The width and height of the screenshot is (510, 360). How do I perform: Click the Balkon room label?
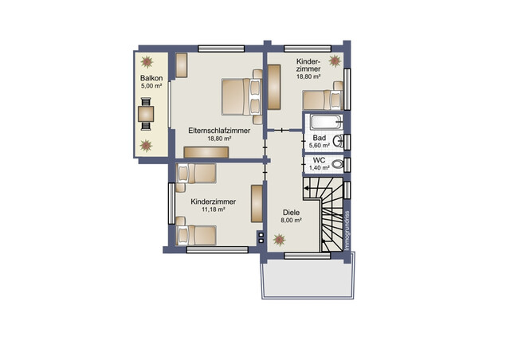click(151, 78)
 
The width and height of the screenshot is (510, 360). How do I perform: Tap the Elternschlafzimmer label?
click(219, 131)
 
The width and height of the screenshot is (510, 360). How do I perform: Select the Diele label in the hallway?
click(291, 213)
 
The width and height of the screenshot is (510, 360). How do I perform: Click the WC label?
click(319, 160)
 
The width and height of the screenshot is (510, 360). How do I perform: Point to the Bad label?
click(319, 138)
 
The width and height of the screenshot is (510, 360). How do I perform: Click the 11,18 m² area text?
click(214, 209)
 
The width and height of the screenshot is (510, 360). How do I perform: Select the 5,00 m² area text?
click(151, 86)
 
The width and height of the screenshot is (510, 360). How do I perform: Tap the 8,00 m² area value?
click(291, 220)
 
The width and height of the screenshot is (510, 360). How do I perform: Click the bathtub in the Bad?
click(326, 123)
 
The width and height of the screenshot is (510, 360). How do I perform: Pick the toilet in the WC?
click(338, 164)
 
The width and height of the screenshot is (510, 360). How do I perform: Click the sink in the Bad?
click(338, 142)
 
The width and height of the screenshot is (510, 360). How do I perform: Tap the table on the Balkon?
click(146, 114)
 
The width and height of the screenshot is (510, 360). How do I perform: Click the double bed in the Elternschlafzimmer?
click(242, 96)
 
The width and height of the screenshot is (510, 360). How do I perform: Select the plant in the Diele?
click(279, 240)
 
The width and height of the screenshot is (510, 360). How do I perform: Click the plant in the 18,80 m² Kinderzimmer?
click(335, 61)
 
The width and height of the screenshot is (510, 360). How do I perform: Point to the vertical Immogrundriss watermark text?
click(347, 230)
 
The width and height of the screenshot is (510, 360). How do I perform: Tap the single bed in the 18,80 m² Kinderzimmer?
click(323, 100)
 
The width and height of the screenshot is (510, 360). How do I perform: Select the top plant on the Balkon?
click(147, 61)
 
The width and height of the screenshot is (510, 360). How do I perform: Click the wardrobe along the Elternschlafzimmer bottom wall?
click(206, 152)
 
